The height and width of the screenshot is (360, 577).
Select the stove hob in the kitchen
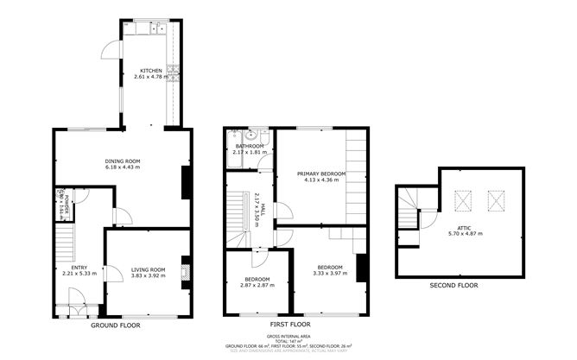[174, 73]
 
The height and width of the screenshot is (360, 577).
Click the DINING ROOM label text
[123, 161]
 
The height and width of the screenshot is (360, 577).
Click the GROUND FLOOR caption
[116, 325]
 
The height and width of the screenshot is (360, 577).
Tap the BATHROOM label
[250, 147]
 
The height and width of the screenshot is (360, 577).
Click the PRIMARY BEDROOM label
[325, 174]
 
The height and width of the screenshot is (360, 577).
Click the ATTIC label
[465, 227]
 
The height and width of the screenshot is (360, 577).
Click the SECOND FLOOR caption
[453, 285]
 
